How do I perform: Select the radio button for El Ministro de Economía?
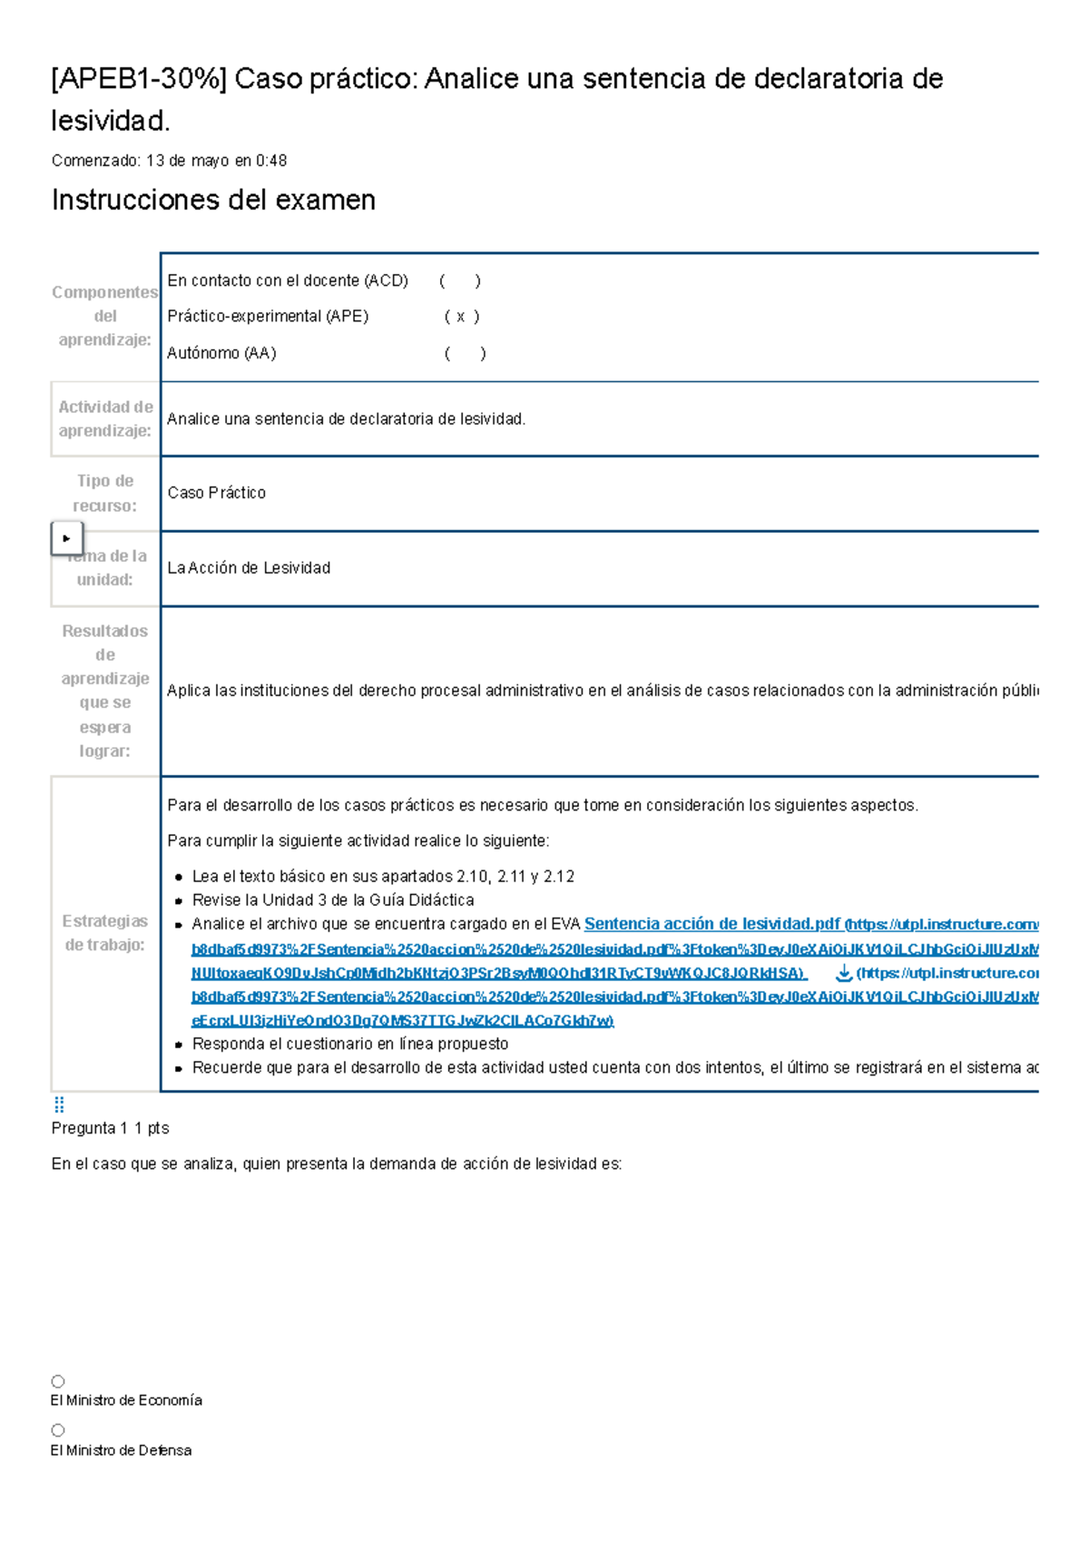[x=58, y=1381]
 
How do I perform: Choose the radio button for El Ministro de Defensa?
[x=58, y=1430]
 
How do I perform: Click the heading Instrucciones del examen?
[x=213, y=200]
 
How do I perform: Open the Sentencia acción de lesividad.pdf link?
[x=711, y=924]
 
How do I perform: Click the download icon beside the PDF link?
[x=843, y=973]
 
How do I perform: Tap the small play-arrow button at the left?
[x=66, y=538]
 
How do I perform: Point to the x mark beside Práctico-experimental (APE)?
[x=461, y=317]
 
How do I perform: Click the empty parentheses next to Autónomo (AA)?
[x=465, y=354]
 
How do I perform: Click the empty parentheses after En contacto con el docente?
[x=459, y=281]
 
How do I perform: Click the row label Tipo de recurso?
[x=105, y=493]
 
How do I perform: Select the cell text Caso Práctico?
[x=216, y=493]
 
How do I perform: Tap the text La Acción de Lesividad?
[x=249, y=568]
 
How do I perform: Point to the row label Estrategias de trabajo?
[x=105, y=933]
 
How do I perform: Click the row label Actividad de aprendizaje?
[x=105, y=419]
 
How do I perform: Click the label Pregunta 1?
[x=89, y=1128]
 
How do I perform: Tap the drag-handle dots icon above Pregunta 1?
[x=59, y=1104]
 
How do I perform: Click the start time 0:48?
[x=271, y=161]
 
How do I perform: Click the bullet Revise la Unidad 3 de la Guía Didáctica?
[x=332, y=900]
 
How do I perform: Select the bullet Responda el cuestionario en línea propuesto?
[x=349, y=1044]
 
